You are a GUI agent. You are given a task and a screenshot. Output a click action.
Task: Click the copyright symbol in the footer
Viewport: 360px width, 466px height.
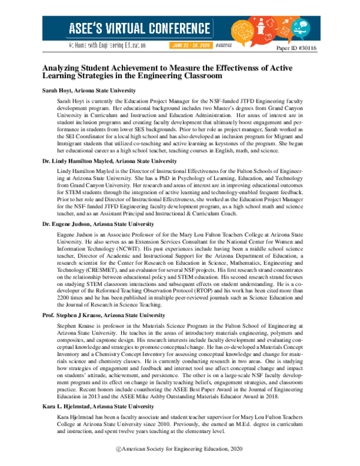[119, 449]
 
